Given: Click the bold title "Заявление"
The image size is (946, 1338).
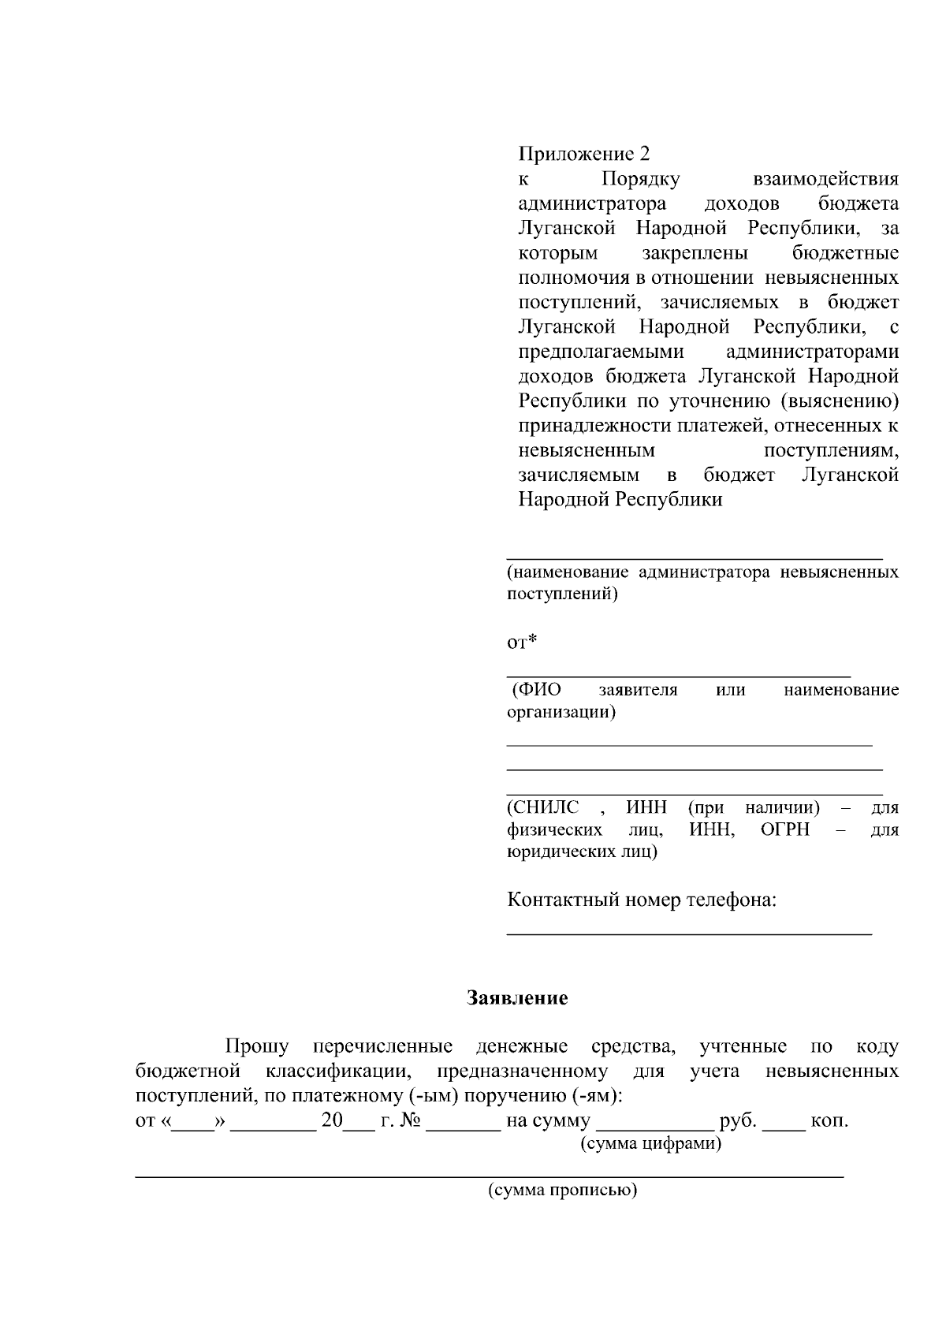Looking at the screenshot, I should [517, 998].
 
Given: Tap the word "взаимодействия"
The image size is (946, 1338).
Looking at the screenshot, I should [825, 179].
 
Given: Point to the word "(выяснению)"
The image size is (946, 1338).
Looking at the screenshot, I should [840, 401].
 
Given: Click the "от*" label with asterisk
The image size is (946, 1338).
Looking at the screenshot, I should [521, 642].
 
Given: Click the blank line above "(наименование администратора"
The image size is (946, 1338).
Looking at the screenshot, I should [694, 557].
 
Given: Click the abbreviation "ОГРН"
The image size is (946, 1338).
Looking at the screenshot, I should [785, 829].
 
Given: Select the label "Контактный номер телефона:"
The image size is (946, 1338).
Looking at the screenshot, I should [642, 900].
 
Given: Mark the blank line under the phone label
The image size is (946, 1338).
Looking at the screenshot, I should [689, 933].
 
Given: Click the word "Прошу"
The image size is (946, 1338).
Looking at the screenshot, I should [257, 1046].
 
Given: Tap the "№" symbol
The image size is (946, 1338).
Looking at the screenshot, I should [410, 1120].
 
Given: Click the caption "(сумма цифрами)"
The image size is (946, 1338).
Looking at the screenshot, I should [650, 1143].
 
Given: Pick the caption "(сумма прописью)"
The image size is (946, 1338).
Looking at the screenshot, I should [562, 1190].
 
